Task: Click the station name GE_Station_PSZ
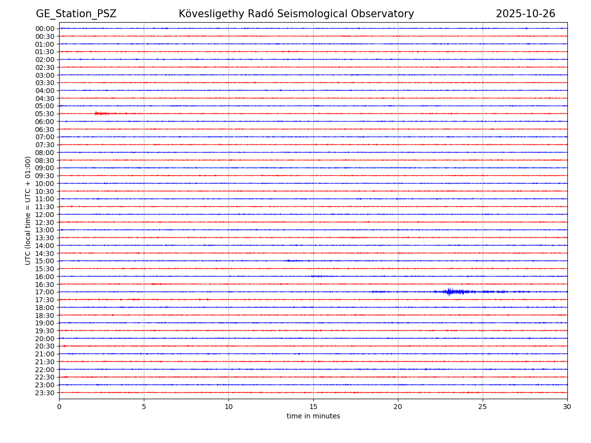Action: (x=76, y=14)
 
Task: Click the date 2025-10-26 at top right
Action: (x=525, y=14)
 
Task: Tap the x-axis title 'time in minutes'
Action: (x=313, y=416)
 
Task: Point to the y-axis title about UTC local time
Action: (x=29, y=210)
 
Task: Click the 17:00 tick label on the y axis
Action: (x=45, y=292)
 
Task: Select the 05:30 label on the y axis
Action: (x=45, y=114)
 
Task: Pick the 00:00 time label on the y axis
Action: (x=45, y=29)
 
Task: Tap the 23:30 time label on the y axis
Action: (x=45, y=393)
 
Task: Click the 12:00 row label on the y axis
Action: (x=45, y=215)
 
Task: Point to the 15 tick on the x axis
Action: (x=313, y=407)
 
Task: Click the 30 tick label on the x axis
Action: (x=567, y=407)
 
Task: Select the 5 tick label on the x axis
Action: (x=144, y=407)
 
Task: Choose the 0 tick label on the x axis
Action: (x=59, y=407)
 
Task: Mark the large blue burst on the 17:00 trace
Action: (x=450, y=292)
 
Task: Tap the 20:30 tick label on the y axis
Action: (x=45, y=347)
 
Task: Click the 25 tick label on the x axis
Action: (x=483, y=407)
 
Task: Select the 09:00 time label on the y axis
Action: (x=45, y=168)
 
